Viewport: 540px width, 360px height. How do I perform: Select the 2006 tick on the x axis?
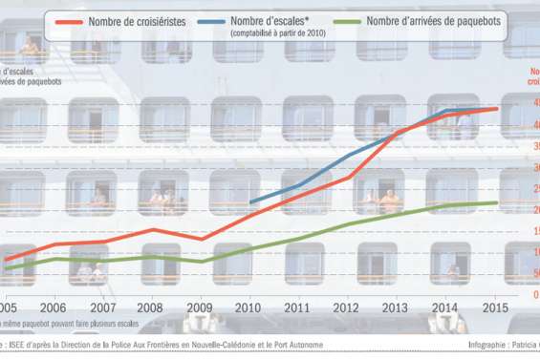[x=54, y=307]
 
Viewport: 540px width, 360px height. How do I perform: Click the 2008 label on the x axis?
[x=151, y=307]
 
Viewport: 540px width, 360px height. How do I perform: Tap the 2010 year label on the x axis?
[x=248, y=307]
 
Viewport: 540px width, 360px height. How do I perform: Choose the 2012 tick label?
[x=346, y=307]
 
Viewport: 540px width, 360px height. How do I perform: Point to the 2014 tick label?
[x=443, y=307]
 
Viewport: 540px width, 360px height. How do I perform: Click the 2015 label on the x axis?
[x=492, y=307]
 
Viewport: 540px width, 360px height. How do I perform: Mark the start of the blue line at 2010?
[x=249, y=202]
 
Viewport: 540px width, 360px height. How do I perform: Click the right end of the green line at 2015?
[x=495, y=202]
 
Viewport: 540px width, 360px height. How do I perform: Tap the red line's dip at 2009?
[x=201, y=238]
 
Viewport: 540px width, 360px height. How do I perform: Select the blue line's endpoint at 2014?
[x=445, y=111]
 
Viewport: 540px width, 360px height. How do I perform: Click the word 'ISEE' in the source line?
[x=17, y=345]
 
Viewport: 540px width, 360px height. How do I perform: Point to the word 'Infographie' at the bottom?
[x=493, y=345]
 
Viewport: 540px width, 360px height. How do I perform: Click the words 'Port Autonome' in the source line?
[x=297, y=345]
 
